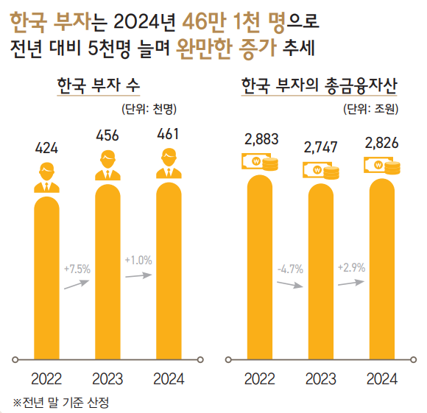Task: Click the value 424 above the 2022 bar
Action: (46, 149)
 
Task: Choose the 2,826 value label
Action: (382, 142)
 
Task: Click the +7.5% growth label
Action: (77, 269)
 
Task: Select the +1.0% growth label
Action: (138, 261)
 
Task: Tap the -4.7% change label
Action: (290, 269)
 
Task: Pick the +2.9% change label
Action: (351, 266)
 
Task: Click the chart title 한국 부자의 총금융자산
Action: (319, 87)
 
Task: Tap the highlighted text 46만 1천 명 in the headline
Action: (222, 24)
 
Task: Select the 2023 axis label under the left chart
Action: (107, 378)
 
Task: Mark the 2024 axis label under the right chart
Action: (382, 378)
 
